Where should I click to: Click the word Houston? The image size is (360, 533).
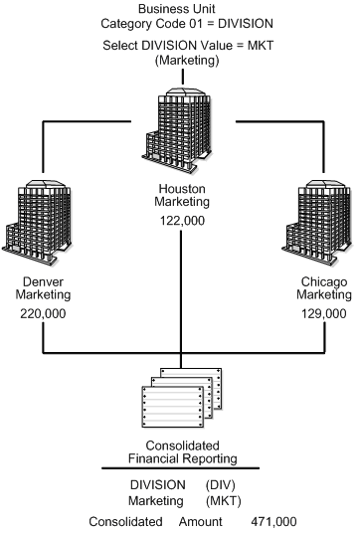pyautogui.click(x=180, y=187)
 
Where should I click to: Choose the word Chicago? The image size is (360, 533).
pyautogui.click(x=323, y=280)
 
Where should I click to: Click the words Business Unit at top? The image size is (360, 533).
pyautogui.click(x=179, y=8)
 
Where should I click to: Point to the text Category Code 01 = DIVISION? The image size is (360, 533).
pyautogui.click(x=179, y=24)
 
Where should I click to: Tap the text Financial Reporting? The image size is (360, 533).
pyautogui.click(x=180, y=458)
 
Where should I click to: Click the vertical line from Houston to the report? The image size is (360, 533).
pyautogui.click(x=180, y=298)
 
